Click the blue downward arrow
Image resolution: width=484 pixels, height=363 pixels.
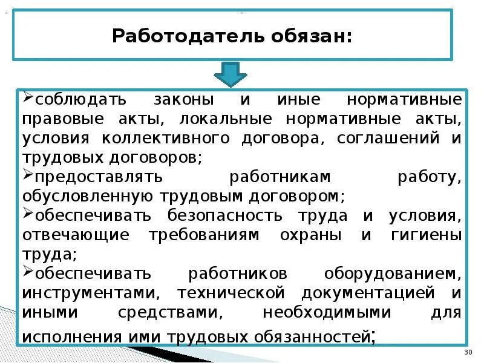point(231,73)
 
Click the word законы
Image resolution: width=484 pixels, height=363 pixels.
point(184,99)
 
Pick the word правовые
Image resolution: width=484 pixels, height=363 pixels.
point(59,118)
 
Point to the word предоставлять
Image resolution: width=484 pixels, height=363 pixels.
point(99,177)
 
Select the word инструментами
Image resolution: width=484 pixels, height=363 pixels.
point(91,293)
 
